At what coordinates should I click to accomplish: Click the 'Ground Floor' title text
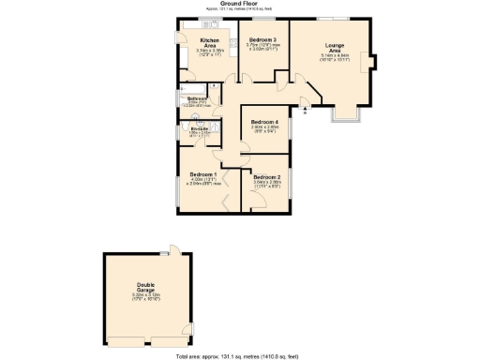[239, 3]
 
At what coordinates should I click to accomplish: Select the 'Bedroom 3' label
[262, 39]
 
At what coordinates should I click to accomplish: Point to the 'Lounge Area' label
[335, 47]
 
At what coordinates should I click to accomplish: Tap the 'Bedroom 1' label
[203, 174]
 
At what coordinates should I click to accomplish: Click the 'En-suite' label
[198, 127]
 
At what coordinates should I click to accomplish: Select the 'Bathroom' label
[197, 98]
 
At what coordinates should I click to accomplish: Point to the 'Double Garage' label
[145, 287]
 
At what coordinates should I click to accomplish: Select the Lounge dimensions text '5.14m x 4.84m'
[335, 55]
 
